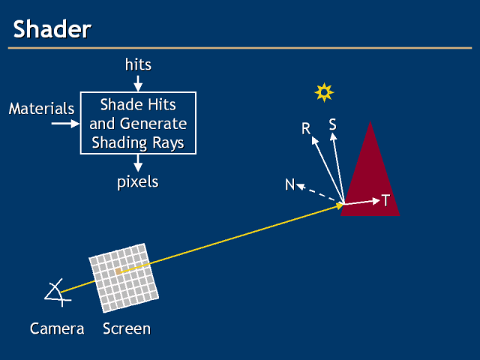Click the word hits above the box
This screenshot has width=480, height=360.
pyautogui.click(x=138, y=64)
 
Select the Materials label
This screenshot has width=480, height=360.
pyautogui.click(x=41, y=109)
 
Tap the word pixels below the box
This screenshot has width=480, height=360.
pyautogui.click(x=138, y=182)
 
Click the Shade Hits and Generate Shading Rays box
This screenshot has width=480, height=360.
pyautogui.click(x=138, y=123)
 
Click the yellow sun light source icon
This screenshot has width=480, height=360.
pyautogui.click(x=323, y=92)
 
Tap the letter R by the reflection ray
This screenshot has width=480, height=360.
pyautogui.click(x=306, y=129)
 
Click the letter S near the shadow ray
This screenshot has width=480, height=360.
pyautogui.click(x=331, y=124)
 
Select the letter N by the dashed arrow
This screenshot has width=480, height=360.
pyautogui.click(x=289, y=184)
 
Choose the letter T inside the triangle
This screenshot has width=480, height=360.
pyautogui.click(x=385, y=200)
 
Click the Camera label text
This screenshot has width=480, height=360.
pyautogui.click(x=57, y=328)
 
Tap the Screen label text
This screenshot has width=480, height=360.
pyautogui.click(x=127, y=328)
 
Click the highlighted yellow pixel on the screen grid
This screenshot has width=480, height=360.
pyautogui.click(x=118, y=271)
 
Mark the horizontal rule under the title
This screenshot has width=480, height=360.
pyautogui.click(x=240, y=49)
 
